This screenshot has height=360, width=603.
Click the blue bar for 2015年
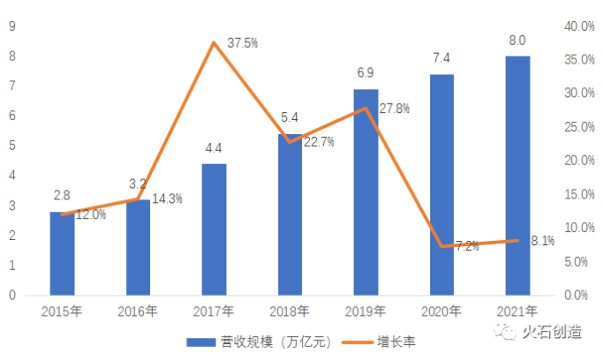(62, 253)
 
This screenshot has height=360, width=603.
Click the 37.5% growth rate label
(242, 42)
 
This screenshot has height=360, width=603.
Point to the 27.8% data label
(394, 108)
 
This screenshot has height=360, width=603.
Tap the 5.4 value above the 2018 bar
(290, 116)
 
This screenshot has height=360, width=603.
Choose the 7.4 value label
(441, 57)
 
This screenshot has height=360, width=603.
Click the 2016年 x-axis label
(138, 311)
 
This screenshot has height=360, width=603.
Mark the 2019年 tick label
(366, 311)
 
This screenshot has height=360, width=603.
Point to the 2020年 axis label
(441, 311)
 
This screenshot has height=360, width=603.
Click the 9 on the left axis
(12, 26)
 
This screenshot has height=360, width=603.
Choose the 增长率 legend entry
(384, 341)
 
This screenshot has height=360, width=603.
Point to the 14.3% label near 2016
(167, 199)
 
